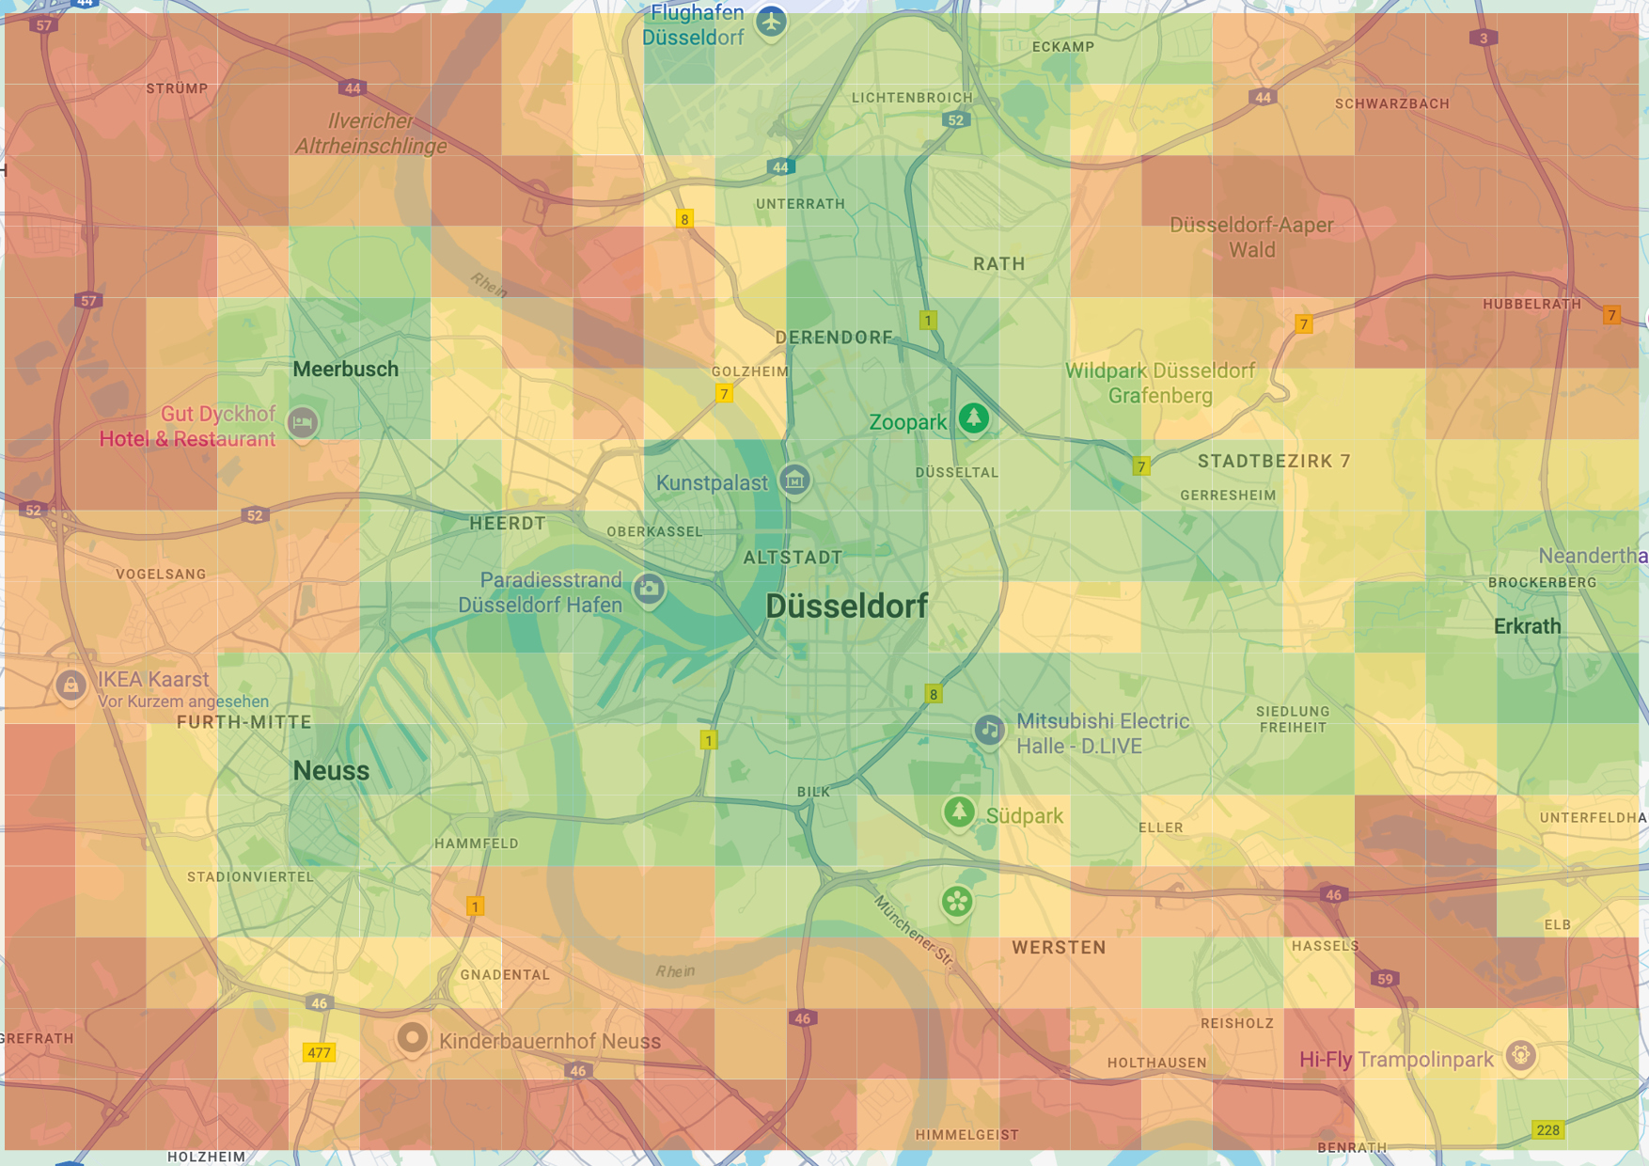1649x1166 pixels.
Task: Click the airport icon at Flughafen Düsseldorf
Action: [771, 21]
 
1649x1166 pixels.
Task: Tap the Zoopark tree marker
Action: [973, 418]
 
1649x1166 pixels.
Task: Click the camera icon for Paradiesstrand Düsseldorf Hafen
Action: [648, 590]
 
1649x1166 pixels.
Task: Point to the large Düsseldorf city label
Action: [846, 607]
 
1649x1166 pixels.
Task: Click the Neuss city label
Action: [331, 771]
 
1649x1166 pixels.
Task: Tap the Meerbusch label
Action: [345, 370]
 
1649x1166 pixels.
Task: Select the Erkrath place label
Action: [1527, 626]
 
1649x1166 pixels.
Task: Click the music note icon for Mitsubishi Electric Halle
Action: [988, 730]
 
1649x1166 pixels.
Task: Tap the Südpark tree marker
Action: [958, 811]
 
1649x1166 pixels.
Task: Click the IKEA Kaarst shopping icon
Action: [71, 685]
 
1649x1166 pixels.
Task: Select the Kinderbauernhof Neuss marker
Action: [412, 1038]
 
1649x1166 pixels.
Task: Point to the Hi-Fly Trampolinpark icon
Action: [1520, 1055]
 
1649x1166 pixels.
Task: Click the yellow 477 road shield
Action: [319, 1052]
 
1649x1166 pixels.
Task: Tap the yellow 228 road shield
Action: [1547, 1129]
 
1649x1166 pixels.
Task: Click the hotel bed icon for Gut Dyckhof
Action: [302, 422]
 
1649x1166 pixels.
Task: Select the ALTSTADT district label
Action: [793, 558]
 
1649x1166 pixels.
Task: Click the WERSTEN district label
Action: [1059, 948]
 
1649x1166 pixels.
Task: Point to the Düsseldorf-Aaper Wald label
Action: [1251, 237]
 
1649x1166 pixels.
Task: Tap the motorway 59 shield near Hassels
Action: [1385, 979]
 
